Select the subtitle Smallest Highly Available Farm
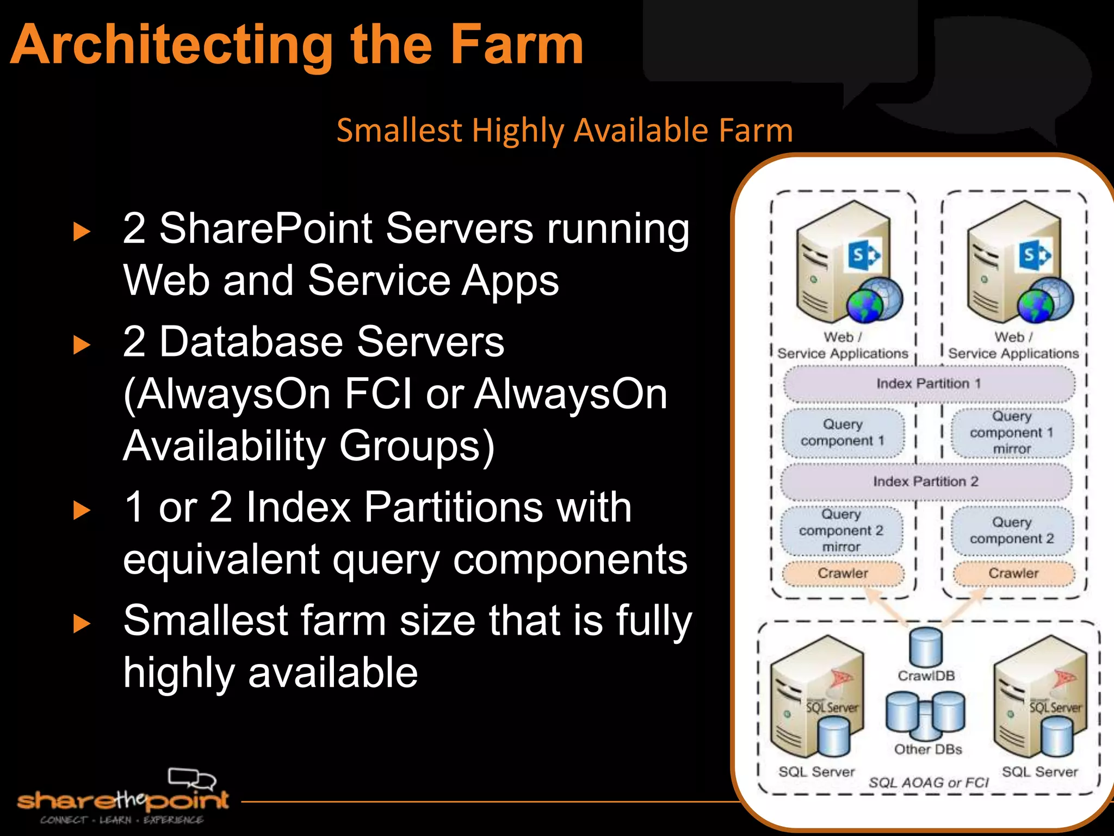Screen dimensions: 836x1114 tap(564, 130)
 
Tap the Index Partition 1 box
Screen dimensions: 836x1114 tap(929, 384)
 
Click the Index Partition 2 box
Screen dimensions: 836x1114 tap(925, 482)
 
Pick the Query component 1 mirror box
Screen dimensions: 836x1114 tap(1012, 433)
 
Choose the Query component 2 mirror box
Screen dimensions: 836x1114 tap(841, 530)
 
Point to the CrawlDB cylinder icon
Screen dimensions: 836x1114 tap(926, 646)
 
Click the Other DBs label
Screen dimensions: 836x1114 tap(928, 749)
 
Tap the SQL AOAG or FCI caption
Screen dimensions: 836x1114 tap(928, 783)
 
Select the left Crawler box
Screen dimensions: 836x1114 tap(843, 573)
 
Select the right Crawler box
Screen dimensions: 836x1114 tap(1013, 573)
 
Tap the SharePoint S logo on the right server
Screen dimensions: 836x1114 tap(1034, 255)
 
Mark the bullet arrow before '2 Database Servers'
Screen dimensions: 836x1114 tap(82, 345)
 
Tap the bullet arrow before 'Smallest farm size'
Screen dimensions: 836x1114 tap(82, 623)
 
